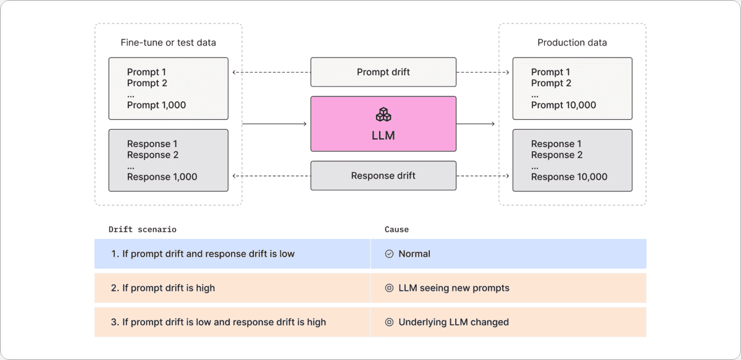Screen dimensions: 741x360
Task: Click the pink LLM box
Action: point(383,123)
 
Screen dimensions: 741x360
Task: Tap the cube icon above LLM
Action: point(383,114)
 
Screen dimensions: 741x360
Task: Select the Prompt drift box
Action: point(383,72)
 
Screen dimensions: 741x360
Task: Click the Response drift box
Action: point(383,176)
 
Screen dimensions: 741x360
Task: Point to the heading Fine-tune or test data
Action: point(168,43)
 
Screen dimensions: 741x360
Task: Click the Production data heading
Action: point(572,43)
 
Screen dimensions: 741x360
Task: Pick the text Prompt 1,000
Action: point(156,105)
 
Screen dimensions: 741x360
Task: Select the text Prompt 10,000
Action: point(563,105)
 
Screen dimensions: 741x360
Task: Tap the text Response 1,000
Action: point(162,177)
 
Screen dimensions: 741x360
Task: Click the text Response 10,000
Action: point(569,177)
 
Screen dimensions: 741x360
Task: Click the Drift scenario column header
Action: point(143,229)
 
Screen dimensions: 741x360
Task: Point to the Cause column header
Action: point(396,229)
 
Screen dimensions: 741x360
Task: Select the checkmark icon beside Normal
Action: point(390,254)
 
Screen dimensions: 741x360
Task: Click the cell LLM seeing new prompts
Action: point(508,288)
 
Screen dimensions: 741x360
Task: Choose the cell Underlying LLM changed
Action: point(508,322)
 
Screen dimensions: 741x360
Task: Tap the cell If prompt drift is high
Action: point(232,288)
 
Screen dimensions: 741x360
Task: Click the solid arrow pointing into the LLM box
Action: point(275,123)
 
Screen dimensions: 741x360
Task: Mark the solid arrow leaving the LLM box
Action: point(475,123)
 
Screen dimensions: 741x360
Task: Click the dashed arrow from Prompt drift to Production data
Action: point(483,72)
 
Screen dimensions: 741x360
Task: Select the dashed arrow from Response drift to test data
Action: point(272,176)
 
